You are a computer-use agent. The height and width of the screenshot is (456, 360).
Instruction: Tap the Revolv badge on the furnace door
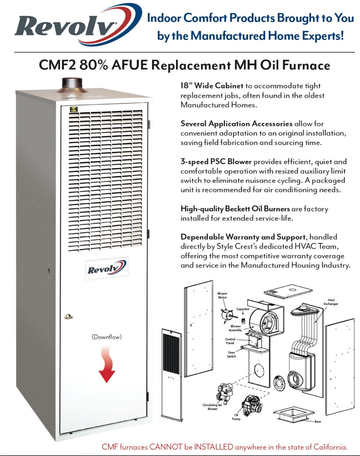pos(107,269)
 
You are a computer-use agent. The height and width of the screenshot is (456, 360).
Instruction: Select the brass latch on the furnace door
pos(69,315)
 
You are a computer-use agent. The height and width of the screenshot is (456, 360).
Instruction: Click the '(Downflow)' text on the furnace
pos(107,337)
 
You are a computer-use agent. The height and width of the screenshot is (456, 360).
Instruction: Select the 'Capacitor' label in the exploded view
pos(242,309)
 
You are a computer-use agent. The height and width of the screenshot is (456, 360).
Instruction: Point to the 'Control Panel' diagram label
pos(230,341)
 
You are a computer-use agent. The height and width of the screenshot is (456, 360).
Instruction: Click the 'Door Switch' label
pos(232,354)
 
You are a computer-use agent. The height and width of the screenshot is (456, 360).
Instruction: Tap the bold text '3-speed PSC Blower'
pos(214,162)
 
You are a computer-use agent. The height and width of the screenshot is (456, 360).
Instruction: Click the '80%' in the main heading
pos(93,64)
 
